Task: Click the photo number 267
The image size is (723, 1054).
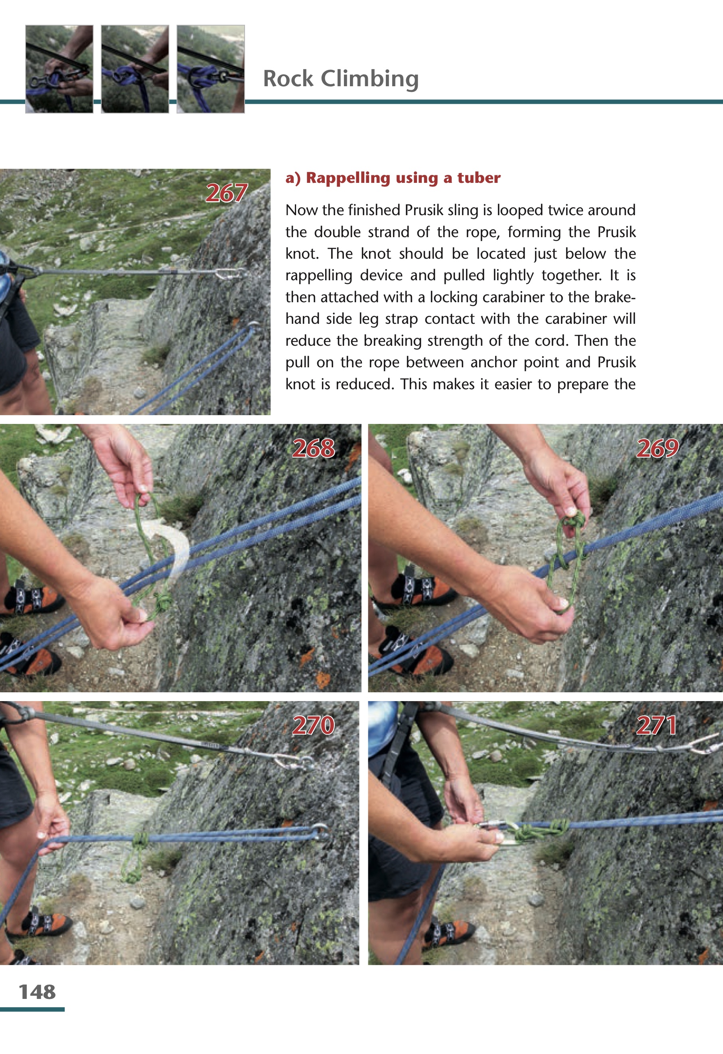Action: pyautogui.click(x=226, y=193)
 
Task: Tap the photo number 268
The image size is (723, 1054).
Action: pyautogui.click(x=313, y=448)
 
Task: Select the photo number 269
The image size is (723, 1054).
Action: pyautogui.click(x=657, y=448)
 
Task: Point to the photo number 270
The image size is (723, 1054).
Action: pyautogui.click(x=313, y=725)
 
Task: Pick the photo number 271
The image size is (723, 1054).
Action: pyautogui.click(x=657, y=725)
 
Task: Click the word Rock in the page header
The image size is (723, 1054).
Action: pyautogui.click(x=288, y=79)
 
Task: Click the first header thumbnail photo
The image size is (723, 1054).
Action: pyautogui.click(x=59, y=69)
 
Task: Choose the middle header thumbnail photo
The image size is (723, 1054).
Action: pyautogui.click(x=135, y=69)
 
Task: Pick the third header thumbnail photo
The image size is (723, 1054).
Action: pyautogui.click(x=211, y=69)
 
